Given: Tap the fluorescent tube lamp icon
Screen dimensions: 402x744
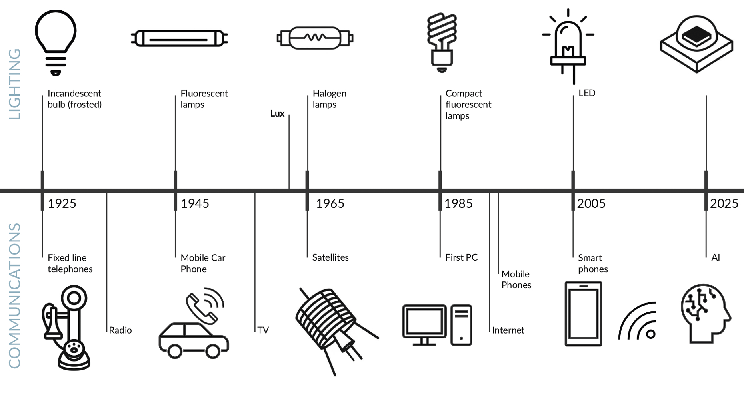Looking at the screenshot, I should pos(179,39).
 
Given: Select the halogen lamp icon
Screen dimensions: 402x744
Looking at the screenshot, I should pos(315,38).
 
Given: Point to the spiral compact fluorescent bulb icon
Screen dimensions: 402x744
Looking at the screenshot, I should pos(442,42).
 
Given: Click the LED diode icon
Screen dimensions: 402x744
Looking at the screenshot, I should pos(568,46).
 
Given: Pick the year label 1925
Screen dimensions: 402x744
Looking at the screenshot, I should pos(62,204).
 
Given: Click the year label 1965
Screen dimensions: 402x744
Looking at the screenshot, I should pos(330,204).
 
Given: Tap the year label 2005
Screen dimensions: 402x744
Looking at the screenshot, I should pos(591,204).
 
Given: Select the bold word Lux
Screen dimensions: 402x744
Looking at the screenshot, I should pos(277,114).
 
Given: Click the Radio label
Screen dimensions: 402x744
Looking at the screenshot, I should pos(120,330).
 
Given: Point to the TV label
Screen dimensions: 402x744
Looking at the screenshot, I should pos(263,330).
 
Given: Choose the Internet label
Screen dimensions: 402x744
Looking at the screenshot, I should pos(508,330).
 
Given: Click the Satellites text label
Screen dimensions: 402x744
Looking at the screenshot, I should pos(330,258).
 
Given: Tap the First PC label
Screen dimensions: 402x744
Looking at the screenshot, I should pos(461,258).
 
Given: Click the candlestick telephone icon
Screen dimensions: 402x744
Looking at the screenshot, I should pos(66,328).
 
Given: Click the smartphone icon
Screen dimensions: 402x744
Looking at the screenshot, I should pos(583,314).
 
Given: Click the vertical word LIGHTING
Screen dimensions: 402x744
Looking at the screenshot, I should pos(15,84).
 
